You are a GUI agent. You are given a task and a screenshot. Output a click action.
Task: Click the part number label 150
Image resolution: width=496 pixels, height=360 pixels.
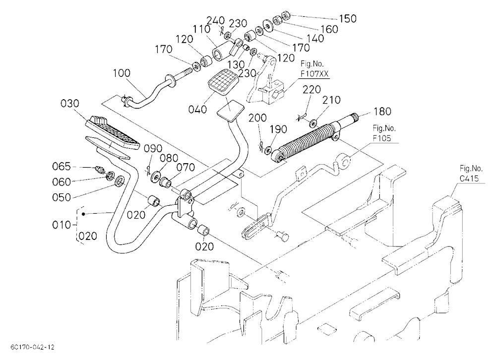tap(348, 19)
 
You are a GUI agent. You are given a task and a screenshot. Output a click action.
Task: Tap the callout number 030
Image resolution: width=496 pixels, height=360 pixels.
tap(70, 103)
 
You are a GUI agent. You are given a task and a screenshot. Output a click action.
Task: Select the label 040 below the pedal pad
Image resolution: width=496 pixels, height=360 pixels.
tap(197, 110)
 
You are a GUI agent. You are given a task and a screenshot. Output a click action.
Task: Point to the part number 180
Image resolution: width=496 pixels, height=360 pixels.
tap(382, 112)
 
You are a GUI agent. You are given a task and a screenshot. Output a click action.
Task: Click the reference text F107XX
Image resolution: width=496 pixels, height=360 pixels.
tap(315, 74)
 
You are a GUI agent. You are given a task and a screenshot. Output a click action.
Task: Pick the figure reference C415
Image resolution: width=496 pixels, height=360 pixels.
tap(469, 179)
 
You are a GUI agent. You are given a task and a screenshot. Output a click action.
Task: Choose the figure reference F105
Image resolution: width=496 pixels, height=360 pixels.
tap(382, 138)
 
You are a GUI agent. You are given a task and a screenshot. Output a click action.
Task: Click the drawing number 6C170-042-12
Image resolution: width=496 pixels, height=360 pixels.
tap(32, 347)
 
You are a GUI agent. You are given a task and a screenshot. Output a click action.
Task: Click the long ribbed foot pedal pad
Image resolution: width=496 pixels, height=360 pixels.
tap(113, 133)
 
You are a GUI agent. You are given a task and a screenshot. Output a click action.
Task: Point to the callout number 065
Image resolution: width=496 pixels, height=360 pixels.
tap(62, 166)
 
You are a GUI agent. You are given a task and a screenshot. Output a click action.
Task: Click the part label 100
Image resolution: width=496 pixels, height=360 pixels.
tap(122, 73)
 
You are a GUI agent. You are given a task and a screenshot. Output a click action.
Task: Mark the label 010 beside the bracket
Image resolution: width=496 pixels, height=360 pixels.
tap(62, 225)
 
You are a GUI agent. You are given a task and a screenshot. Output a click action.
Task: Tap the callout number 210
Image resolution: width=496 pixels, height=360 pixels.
tap(331, 100)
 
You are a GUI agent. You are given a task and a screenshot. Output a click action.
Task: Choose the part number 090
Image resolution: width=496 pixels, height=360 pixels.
tap(153, 148)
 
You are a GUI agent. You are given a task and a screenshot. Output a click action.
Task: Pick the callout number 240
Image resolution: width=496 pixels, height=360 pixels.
tap(216, 20)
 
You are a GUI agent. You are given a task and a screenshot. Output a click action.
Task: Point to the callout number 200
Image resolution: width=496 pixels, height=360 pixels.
tap(258, 118)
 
